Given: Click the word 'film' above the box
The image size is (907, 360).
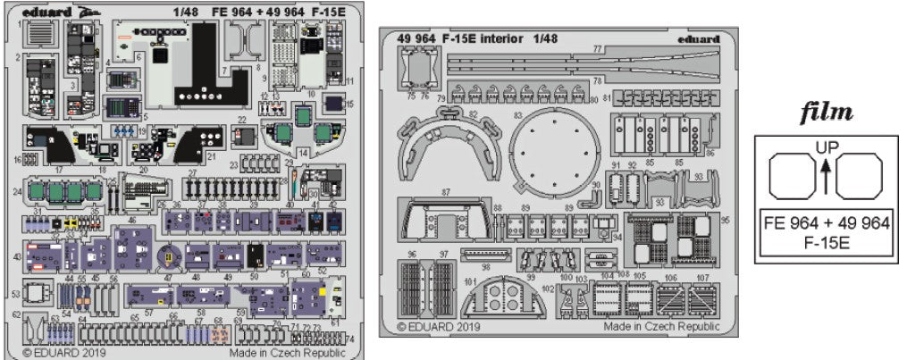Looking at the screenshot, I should (825, 113).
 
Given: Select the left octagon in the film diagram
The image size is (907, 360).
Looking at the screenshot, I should (792, 176).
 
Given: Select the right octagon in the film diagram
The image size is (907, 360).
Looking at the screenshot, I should (859, 176).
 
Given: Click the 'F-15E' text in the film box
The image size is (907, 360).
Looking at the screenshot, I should (825, 241).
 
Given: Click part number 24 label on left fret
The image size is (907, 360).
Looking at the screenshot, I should (17, 191).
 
